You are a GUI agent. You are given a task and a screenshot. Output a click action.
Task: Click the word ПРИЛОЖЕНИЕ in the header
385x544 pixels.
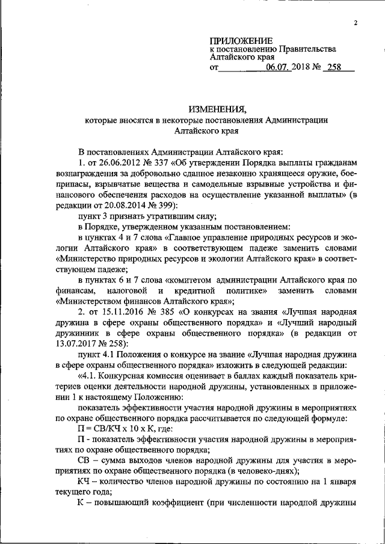(240, 40)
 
